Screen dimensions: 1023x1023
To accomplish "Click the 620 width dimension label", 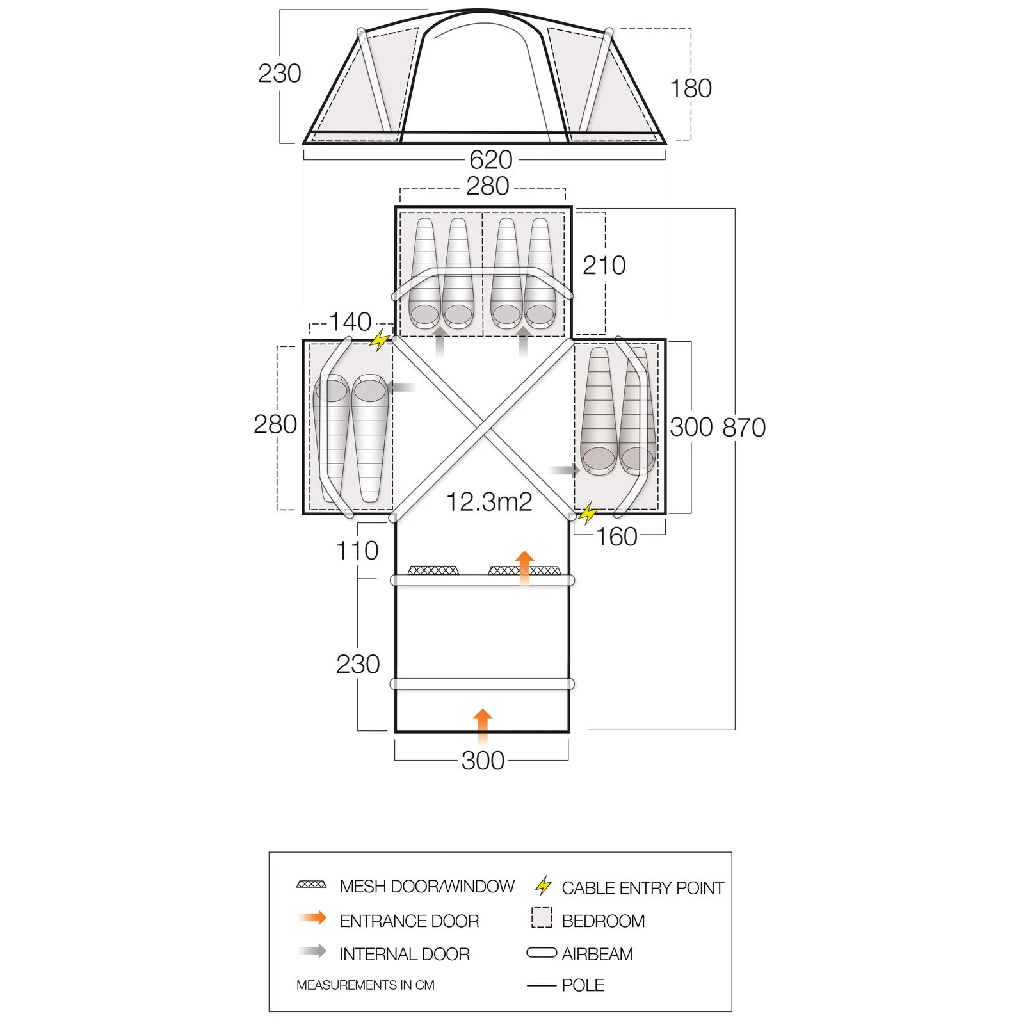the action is [491, 159].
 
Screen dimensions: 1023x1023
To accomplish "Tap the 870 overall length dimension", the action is [744, 428].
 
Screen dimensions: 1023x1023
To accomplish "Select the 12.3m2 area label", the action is [489, 502].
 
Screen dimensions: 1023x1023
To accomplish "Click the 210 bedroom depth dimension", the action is [604, 265].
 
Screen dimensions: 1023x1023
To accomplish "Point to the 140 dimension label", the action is [350, 321].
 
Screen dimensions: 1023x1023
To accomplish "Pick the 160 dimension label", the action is [616, 536].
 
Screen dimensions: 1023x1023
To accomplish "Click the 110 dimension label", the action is [357, 551].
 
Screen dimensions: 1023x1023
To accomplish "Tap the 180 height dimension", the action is [691, 88].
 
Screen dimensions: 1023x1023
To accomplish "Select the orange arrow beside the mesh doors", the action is [524, 567].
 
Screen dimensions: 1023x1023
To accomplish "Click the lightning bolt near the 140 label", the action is [380, 340].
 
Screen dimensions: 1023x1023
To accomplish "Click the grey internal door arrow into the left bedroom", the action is [401, 387].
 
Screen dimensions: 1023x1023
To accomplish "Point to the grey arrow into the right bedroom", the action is [565, 471].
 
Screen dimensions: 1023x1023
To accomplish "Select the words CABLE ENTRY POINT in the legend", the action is [643, 888].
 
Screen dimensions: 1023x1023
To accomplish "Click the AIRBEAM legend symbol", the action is [542, 953].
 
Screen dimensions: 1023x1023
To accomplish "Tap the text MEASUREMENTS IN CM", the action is [365, 985].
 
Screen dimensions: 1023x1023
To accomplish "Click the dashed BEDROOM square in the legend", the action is [542, 917].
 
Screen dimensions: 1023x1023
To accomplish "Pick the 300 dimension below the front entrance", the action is [483, 761].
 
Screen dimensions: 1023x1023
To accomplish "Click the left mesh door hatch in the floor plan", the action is [433, 570].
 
